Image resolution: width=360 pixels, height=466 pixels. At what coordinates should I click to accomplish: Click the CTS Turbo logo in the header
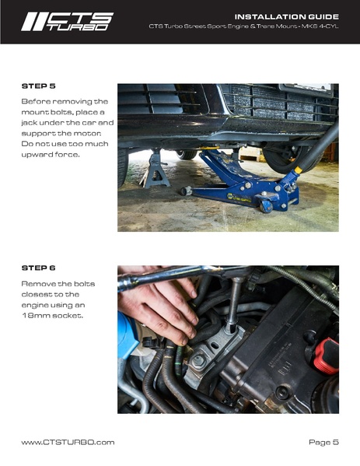(67, 20)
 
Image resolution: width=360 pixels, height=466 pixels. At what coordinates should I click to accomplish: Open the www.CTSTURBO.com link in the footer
(68, 442)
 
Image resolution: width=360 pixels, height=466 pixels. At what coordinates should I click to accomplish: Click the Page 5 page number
(323, 442)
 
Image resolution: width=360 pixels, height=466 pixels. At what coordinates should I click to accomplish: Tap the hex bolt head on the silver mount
(200, 360)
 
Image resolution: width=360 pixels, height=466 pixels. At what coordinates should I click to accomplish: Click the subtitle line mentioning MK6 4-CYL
(243, 26)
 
